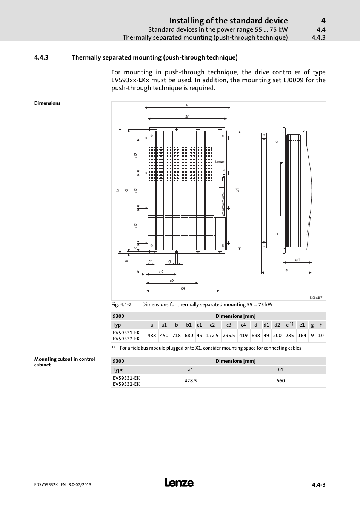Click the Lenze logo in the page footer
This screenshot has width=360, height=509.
[x=179, y=483]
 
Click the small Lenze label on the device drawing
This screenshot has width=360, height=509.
[x=220, y=162]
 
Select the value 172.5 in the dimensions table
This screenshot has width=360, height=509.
[x=212, y=335]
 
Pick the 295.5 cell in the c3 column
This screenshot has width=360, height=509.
[x=229, y=335]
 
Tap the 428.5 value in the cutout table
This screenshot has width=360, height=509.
[x=191, y=381]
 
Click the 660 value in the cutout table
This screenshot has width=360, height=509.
[x=280, y=381]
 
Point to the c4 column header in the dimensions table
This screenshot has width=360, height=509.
[x=243, y=325]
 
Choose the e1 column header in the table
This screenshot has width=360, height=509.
[x=302, y=325]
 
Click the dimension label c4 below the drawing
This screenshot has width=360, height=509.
[x=183, y=288]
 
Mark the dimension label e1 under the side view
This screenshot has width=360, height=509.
[x=297, y=260]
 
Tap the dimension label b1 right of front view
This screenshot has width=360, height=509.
[x=238, y=190]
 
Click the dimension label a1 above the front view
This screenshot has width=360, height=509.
[x=187, y=116]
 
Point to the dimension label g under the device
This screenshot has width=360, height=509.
[x=169, y=261]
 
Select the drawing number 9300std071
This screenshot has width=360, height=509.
[x=316, y=297]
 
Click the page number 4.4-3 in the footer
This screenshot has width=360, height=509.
[x=318, y=485]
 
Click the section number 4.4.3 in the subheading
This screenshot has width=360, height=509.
[x=41, y=58]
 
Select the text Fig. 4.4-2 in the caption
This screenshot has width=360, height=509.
[x=121, y=305]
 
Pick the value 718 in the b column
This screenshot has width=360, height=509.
[x=176, y=335]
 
